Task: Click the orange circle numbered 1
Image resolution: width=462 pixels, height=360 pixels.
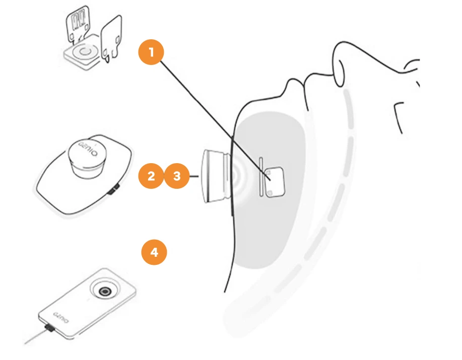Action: click(151, 52)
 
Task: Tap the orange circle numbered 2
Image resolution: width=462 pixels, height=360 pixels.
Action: click(151, 176)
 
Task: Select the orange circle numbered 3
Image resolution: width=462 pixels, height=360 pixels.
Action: click(177, 176)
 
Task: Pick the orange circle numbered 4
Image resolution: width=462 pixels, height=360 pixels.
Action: click(154, 252)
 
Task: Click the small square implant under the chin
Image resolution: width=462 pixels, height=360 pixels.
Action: click(275, 182)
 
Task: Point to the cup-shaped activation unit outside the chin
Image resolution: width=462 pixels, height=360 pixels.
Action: click(216, 176)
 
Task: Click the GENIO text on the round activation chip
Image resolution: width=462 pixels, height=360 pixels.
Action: click(88, 149)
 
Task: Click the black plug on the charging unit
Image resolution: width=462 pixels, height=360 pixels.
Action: click(49, 328)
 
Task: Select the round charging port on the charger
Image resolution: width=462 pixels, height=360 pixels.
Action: click(105, 291)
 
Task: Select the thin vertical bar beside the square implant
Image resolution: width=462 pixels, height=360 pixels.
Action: click(261, 177)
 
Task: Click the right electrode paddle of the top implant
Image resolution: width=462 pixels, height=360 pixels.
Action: click(111, 37)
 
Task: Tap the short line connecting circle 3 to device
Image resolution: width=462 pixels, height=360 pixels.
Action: click(194, 176)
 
